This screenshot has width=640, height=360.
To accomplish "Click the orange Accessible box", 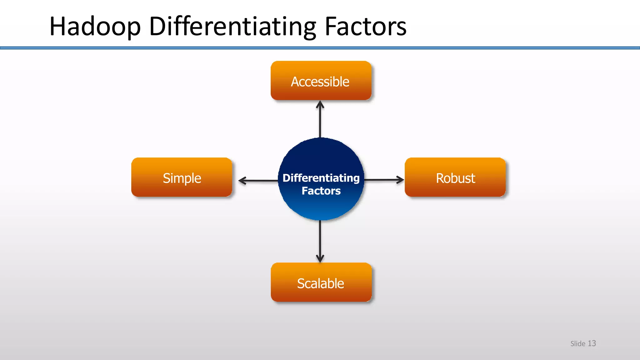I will pyautogui.click(x=321, y=81).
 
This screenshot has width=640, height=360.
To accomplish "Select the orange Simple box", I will pyautogui.click(x=182, y=177).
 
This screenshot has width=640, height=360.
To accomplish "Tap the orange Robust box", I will pyautogui.click(x=455, y=177).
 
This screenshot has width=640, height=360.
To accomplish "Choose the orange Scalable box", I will pyautogui.click(x=321, y=282).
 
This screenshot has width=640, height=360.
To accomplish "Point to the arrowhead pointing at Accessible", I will pyautogui.click(x=320, y=104).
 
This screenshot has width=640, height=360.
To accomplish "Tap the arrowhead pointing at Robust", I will pyautogui.click(x=400, y=180).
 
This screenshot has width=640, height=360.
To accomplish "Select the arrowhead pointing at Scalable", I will pyautogui.click(x=320, y=259).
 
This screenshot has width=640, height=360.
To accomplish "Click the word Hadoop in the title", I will pyautogui.click(x=95, y=27).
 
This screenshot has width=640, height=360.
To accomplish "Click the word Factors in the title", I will pyautogui.click(x=365, y=27).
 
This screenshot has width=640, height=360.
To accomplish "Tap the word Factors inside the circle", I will pyautogui.click(x=321, y=191).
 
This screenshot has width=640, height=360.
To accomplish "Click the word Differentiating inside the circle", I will pyautogui.click(x=321, y=178).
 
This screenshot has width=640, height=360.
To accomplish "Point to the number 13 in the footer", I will pyautogui.click(x=592, y=343).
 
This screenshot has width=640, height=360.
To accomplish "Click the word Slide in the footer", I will pyautogui.click(x=577, y=344).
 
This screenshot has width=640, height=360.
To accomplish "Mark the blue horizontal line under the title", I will pyautogui.click(x=320, y=48).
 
